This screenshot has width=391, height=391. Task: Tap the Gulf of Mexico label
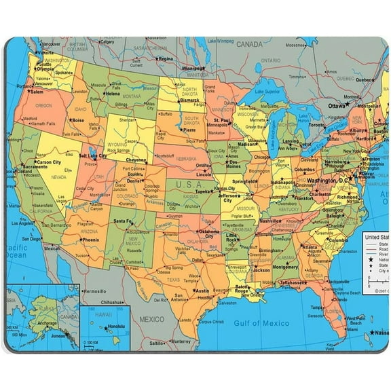[261, 324]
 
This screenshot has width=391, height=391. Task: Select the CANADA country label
[248, 44]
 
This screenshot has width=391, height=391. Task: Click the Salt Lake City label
[93, 155]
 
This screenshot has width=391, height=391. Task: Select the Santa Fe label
[123, 221]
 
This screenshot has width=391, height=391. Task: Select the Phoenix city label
[90, 240]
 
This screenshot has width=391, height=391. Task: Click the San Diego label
[31, 239]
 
